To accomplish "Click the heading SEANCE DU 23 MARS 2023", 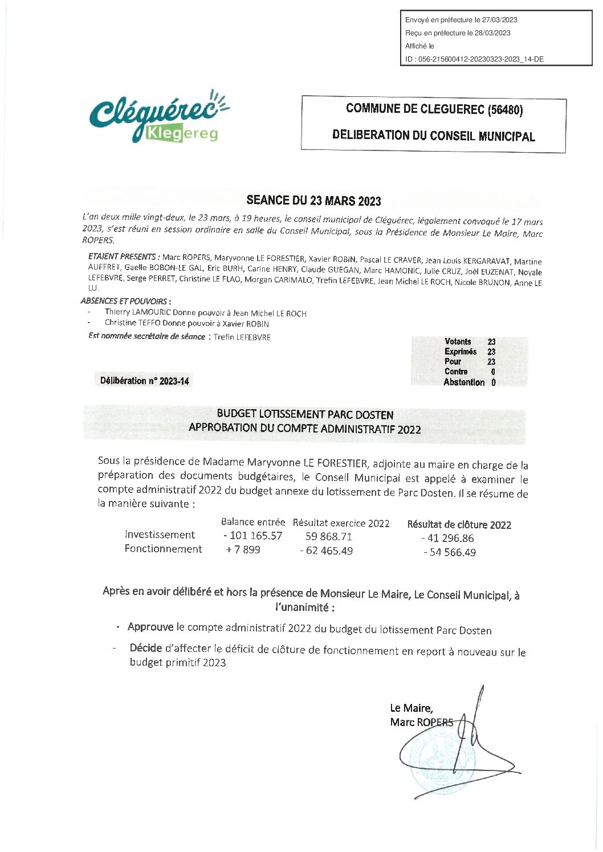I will click(313, 200).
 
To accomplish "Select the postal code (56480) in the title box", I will click(506, 109).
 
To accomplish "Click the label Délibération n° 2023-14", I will click(145, 381).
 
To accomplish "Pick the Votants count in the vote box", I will click(491, 341).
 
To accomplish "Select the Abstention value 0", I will click(493, 382).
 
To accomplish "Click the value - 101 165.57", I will click(253, 536).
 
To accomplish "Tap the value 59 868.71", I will click(329, 536).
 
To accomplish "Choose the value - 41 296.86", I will click(447, 538).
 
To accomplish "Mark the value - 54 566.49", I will click(450, 552).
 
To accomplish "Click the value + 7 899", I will click(243, 550).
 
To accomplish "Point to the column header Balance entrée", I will click(253, 522).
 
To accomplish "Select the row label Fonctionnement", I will click(163, 549).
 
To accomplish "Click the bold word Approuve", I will click(150, 627).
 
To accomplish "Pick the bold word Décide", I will click(146, 648).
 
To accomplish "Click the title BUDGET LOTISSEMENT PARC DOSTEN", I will click(305, 414).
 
